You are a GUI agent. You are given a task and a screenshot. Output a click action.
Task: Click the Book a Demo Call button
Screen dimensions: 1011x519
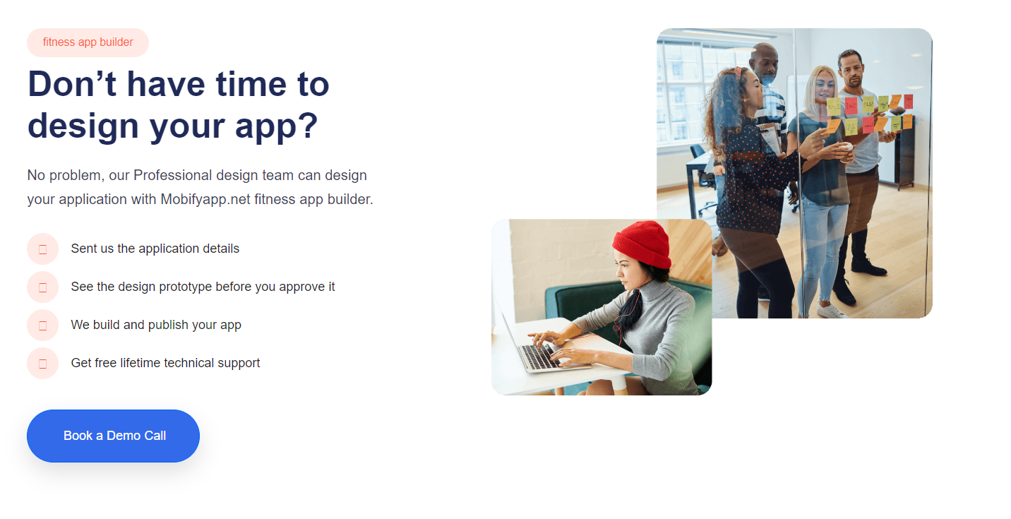point(113,436)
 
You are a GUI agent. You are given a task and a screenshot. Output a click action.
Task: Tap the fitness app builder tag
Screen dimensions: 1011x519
point(88,42)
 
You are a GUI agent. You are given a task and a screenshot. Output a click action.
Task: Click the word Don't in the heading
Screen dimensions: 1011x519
point(72,85)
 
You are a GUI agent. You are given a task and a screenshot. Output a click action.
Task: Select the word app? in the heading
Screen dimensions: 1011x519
point(276,126)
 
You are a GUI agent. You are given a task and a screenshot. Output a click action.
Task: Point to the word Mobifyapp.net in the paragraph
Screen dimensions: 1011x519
point(205,199)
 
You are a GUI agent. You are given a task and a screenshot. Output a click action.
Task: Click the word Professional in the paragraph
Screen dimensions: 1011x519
point(173,175)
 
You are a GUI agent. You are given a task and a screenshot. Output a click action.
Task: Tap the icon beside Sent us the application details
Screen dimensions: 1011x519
point(43,249)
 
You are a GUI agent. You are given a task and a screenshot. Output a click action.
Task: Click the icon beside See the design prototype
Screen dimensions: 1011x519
point(43,287)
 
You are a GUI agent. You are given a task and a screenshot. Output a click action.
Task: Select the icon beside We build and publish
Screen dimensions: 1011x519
point(43,325)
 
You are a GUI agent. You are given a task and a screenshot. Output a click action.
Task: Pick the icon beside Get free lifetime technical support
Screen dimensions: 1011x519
point(43,363)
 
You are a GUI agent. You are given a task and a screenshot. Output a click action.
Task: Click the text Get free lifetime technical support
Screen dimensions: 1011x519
point(165,363)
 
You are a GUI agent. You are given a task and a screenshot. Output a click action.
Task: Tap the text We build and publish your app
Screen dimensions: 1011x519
point(156,325)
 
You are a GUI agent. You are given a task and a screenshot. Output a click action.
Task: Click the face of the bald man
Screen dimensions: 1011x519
point(767,66)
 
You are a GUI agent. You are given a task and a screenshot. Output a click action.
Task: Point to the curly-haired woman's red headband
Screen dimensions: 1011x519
point(738,71)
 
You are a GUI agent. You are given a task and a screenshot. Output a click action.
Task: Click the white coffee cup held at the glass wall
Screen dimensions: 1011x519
point(847,150)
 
